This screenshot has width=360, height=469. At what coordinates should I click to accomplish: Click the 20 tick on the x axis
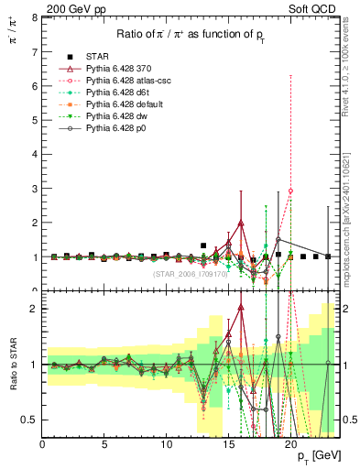[290, 444]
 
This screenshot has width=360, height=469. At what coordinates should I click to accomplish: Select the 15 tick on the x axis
[228, 444]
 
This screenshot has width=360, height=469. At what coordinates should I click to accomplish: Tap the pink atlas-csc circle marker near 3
[290, 191]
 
